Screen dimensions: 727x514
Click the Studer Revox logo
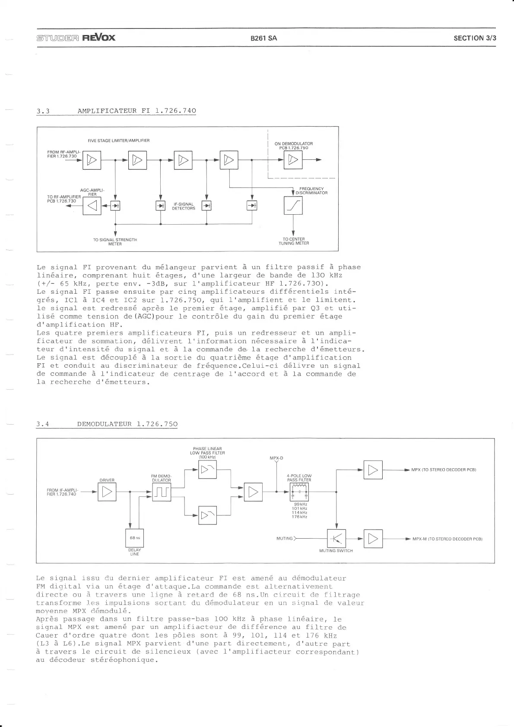point(76,37)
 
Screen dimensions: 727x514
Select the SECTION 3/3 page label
point(475,38)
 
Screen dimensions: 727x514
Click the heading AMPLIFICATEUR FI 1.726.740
point(136,111)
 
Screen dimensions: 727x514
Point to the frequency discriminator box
point(293,206)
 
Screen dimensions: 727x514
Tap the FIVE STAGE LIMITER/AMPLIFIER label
point(119,140)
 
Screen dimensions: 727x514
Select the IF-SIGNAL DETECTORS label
point(184,206)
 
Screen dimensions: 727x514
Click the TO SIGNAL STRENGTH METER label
point(115,241)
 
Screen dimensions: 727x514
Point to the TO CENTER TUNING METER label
point(294,241)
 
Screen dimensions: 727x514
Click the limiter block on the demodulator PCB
point(293,160)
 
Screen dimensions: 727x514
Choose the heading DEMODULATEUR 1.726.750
point(127,424)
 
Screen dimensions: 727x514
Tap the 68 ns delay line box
point(135,538)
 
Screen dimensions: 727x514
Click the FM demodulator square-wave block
point(162,492)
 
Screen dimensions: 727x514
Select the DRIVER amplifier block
point(107,492)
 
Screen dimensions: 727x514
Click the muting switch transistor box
point(336,539)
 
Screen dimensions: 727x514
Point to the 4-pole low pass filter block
point(299,492)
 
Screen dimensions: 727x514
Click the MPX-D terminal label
point(276,458)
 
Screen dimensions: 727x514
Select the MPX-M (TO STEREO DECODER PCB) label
point(447,539)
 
